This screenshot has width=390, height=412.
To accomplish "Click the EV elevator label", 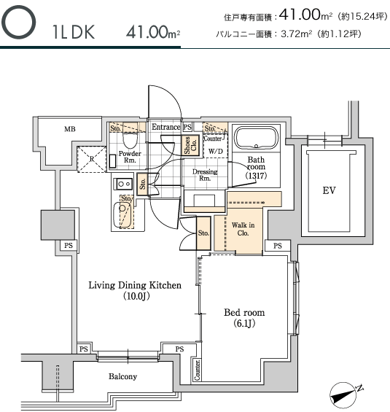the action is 329,190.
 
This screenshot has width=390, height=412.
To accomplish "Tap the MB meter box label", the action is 70,129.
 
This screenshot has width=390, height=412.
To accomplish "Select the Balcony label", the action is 123,376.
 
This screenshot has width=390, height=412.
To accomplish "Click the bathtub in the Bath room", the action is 256,139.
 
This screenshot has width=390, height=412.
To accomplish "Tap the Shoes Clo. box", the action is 190,145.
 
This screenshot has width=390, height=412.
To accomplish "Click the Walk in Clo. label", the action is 243,229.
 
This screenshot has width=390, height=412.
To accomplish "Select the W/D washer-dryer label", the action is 216,151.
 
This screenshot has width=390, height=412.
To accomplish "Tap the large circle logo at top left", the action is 18,22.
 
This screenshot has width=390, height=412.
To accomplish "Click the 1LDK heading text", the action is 74,32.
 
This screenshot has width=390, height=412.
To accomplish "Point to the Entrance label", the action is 166,127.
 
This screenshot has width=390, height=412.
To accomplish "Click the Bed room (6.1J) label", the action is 244,318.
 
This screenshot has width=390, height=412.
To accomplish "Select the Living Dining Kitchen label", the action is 135,290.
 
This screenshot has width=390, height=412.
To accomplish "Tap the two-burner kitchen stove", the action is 122,184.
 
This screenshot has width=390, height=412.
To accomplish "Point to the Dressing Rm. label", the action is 205,175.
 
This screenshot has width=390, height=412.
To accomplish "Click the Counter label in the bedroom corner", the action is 198,370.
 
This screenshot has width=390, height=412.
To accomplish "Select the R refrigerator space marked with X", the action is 92,159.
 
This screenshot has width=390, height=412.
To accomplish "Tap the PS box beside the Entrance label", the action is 187,128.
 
